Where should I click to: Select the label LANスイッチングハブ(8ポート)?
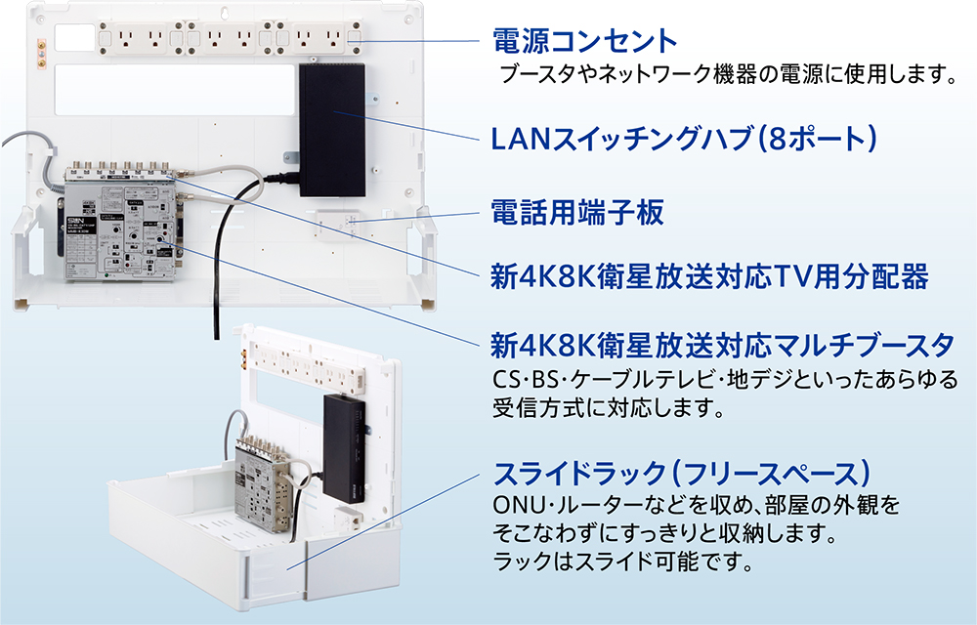684,139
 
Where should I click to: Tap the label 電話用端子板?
576,212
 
